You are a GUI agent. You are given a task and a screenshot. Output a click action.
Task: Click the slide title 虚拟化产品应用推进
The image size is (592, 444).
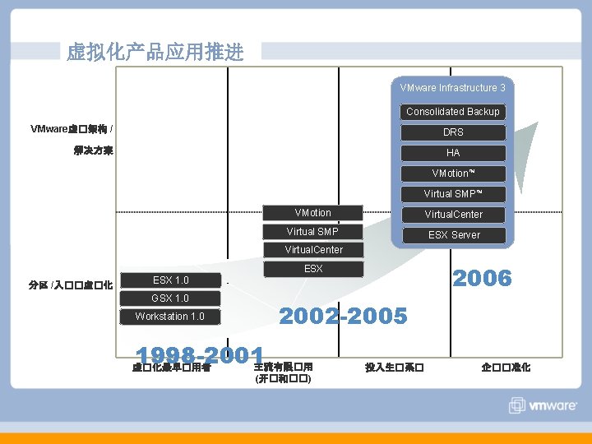pyautogui.click(x=155, y=53)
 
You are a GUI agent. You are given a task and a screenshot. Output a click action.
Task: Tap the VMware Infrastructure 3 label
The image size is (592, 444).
pyautogui.click(x=452, y=88)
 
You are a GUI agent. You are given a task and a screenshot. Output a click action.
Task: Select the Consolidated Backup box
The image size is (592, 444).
pyautogui.click(x=452, y=112)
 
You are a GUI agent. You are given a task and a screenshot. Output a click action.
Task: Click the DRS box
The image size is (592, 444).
pyautogui.click(x=453, y=132)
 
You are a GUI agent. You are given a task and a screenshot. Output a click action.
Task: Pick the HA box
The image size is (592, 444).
pyautogui.click(x=453, y=153)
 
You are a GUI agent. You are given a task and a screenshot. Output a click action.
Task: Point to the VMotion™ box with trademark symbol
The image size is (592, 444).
pyautogui.click(x=453, y=173)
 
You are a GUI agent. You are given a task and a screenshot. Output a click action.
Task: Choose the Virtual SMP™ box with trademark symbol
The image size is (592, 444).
pyautogui.click(x=453, y=194)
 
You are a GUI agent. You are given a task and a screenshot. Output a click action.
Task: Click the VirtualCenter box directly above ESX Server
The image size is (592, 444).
pyautogui.click(x=453, y=215)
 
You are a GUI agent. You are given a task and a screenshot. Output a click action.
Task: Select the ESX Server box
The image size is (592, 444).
pyautogui.click(x=453, y=235)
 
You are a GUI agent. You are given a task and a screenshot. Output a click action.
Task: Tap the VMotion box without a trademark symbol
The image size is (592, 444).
pyautogui.click(x=312, y=213)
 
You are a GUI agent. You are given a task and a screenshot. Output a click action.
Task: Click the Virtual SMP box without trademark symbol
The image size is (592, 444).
pyautogui.click(x=312, y=231)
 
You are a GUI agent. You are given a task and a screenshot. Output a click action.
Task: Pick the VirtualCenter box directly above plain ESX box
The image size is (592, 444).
pyautogui.click(x=313, y=250)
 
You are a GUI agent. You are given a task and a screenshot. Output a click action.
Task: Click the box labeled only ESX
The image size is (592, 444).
pyautogui.click(x=313, y=269)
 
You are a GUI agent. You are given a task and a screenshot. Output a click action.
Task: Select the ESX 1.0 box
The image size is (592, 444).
pyautogui.click(x=171, y=280)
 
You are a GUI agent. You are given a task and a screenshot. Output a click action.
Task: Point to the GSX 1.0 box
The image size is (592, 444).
pyautogui.click(x=170, y=298)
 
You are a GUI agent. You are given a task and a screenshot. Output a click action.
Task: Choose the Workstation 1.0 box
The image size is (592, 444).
pyautogui.click(x=170, y=317)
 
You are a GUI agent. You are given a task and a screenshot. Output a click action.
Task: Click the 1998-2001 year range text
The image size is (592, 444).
pyautogui.click(x=201, y=354)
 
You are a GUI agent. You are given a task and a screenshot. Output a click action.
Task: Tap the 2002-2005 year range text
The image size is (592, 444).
pyautogui.click(x=343, y=316)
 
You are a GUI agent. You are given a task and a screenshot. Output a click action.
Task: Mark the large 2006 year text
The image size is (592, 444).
pyautogui.click(x=483, y=279)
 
